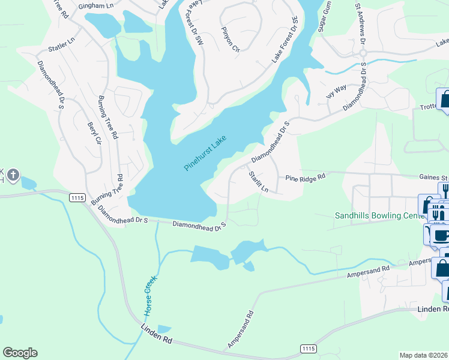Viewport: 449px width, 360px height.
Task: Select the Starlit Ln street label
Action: click(x=258, y=182)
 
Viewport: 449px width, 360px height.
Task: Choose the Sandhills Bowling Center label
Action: click(x=375, y=215)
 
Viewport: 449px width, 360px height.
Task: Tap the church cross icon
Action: click(x=12, y=176)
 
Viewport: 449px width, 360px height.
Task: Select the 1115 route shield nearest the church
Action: click(x=76, y=197)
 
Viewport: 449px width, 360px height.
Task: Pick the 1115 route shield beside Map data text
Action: click(x=307, y=349)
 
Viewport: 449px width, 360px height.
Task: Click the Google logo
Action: click(x=20, y=353)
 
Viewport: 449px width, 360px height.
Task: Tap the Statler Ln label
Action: click(x=60, y=44)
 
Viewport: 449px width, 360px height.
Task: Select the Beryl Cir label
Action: click(x=94, y=134)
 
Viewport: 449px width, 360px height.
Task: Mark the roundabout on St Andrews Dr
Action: click(x=363, y=54)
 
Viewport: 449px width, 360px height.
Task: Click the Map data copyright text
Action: click(x=424, y=355)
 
